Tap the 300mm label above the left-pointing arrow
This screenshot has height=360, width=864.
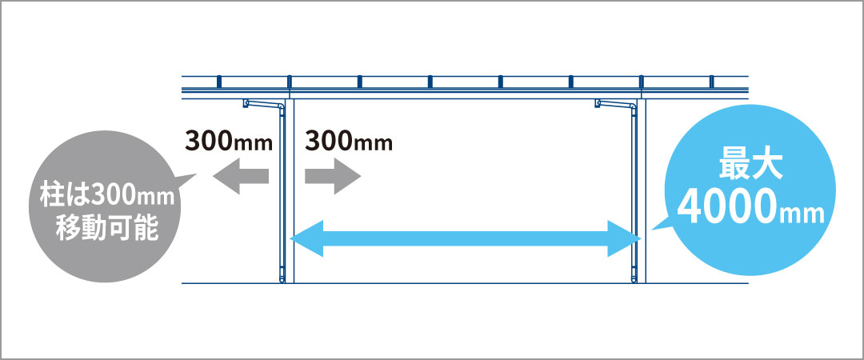pos(229,142)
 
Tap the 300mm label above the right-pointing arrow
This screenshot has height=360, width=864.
pos(349,142)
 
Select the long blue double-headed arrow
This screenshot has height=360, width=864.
pos(466,238)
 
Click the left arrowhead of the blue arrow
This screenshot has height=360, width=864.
pos(306,238)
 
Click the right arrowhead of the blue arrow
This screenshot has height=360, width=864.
pos(625,238)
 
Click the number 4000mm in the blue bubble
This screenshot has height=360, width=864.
pos(750,208)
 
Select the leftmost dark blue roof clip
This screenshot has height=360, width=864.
pos(218,81)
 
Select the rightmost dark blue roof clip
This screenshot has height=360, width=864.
pos(711,81)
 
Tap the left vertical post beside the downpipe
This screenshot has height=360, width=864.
pos(291,190)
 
